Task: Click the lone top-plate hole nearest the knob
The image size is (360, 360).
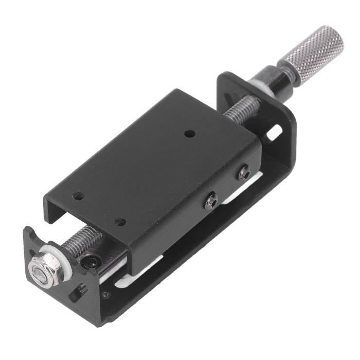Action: click(190, 134)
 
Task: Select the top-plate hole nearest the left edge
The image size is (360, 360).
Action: click(78, 196)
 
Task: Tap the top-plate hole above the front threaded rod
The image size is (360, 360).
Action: click(120, 222)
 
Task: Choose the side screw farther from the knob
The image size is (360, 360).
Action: click(211, 201)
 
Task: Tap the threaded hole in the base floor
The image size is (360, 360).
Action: click(105, 295)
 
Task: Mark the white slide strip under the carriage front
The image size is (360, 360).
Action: click(123, 280)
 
